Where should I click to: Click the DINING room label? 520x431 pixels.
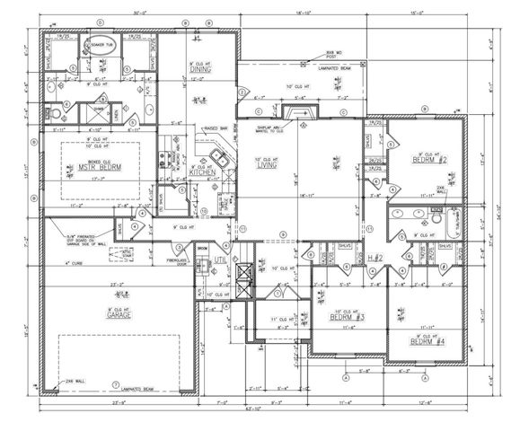click(199, 69)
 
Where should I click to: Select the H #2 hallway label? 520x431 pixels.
click(352, 259)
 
